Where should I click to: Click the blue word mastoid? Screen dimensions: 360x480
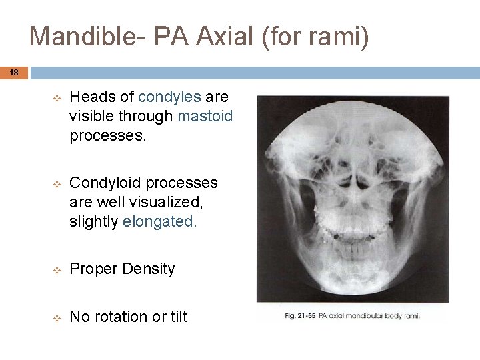coord(205,116)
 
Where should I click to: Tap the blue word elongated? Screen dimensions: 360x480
coord(160,222)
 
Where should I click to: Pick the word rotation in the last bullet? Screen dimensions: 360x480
coord(120,317)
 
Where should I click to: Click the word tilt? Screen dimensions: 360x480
coord(177,317)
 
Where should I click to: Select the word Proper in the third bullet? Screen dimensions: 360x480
coord(93,269)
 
